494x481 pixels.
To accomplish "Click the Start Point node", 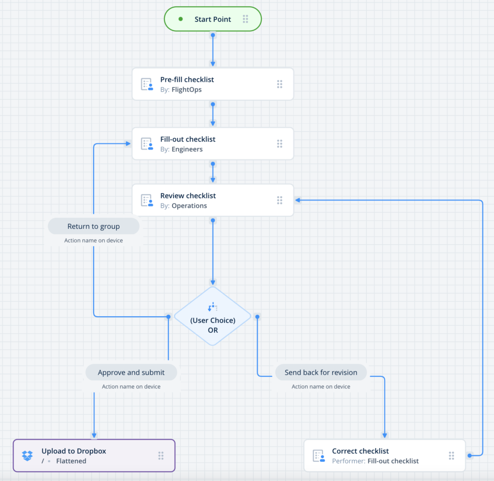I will pyautogui.click(x=213, y=19).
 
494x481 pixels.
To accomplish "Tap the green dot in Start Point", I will pyautogui.click(x=180, y=19).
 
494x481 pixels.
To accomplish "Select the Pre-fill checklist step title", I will pyautogui.click(x=187, y=80).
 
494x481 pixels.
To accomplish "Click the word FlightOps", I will pyautogui.click(x=187, y=90).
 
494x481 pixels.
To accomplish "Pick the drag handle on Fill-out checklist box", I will pyautogui.click(x=279, y=144).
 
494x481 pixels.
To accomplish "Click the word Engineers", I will pyautogui.click(x=187, y=149).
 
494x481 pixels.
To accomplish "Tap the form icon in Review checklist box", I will pyautogui.click(x=147, y=200).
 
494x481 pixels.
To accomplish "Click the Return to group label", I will pyautogui.click(x=94, y=226).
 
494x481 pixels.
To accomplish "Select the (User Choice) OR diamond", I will pyautogui.click(x=213, y=317).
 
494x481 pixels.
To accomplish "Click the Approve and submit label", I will pyautogui.click(x=131, y=373).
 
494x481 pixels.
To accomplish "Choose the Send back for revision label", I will pyautogui.click(x=321, y=373).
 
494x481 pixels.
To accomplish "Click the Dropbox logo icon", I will pyautogui.click(x=28, y=455).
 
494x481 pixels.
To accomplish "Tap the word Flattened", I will pyautogui.click(x=71, y=461).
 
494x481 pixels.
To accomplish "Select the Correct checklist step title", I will pyautogui.click(x=360, y=451).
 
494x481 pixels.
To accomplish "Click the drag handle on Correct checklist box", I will pyautogui.click(x=452, y=455).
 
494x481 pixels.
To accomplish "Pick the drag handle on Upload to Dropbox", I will pyautogui.click(x=161, y=455).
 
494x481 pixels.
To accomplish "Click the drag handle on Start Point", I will pyautogui.click(x=246, y=19).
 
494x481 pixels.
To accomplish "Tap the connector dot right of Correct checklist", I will pyautogui.click(x=469, y=455).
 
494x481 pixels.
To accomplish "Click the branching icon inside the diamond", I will pyautogui.click(x=213, y=307).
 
